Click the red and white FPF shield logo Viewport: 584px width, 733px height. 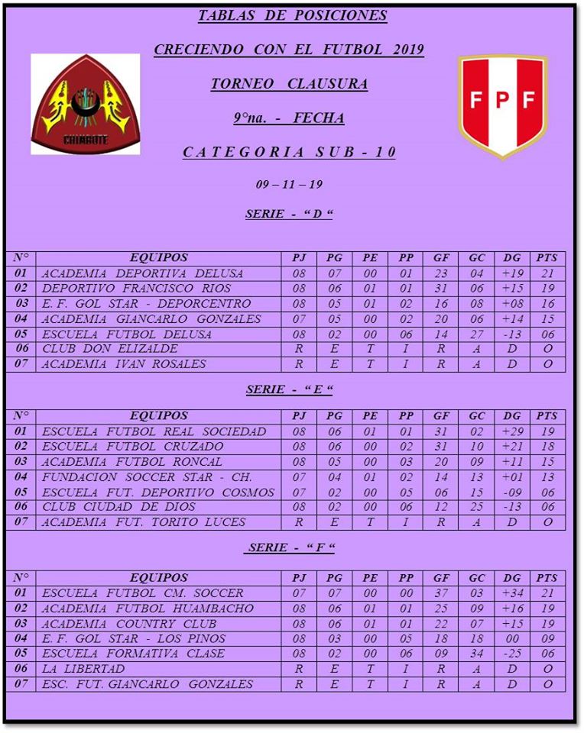pos(502,105)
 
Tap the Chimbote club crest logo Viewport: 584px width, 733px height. pos(86,105)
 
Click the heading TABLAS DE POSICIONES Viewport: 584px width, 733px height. pos(292,16)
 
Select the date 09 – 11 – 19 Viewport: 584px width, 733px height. pos(289,185)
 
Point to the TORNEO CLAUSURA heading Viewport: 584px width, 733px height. pos(289,84)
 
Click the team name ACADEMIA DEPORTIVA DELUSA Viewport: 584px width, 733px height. pos(142,273)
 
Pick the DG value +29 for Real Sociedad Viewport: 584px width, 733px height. pos(512,431)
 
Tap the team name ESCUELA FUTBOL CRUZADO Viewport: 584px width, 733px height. pos(133,447)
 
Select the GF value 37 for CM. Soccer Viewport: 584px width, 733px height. pos(441,593)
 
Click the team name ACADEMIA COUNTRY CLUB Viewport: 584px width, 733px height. pos(129,624)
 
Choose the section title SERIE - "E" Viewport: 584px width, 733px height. pos(289,390)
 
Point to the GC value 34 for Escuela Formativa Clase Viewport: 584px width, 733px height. pos(477,654)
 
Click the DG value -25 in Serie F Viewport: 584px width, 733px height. pos(512,654)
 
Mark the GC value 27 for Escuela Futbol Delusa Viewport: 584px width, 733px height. pos(477,334)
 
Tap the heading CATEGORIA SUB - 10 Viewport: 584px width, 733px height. pos(289,152)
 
